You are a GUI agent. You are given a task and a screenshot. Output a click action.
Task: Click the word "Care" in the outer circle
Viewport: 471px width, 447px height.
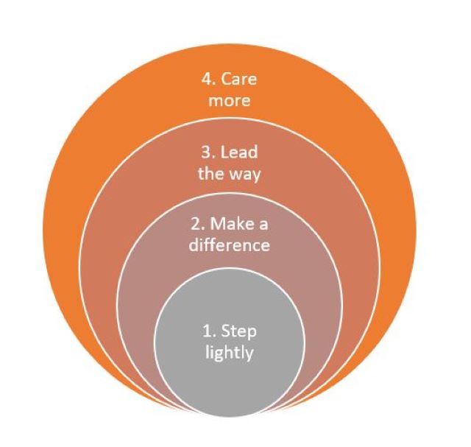point(238,80)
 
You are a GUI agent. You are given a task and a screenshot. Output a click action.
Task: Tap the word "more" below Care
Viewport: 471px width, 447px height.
point(229,101)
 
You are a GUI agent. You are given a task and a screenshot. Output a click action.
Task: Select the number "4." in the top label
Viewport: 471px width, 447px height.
point(209,80)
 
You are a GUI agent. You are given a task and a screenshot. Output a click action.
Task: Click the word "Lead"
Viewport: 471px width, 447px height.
point(238,152)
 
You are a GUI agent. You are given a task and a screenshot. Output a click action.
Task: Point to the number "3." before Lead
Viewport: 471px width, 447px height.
point(208,152)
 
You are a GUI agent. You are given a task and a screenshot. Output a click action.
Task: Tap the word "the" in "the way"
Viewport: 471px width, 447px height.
point(210,173)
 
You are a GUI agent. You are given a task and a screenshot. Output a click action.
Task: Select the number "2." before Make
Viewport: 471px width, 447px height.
point(199,225)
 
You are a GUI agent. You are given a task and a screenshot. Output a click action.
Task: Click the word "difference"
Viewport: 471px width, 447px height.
point(229,244)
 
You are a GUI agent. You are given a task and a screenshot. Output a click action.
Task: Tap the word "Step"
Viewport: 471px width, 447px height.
point(238,331)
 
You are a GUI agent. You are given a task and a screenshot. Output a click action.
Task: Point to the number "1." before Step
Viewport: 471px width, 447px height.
point(210,331)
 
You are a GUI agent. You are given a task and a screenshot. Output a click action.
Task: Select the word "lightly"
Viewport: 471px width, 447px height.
point(229,353)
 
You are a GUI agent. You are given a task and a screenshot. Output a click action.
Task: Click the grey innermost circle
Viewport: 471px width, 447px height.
point(229,303)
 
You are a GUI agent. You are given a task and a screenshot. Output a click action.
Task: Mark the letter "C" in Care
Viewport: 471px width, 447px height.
point(226,80)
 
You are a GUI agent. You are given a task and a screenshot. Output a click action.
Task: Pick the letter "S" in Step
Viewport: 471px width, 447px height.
point(226,331)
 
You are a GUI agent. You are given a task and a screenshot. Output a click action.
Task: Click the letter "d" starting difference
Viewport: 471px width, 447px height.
point(194,244)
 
